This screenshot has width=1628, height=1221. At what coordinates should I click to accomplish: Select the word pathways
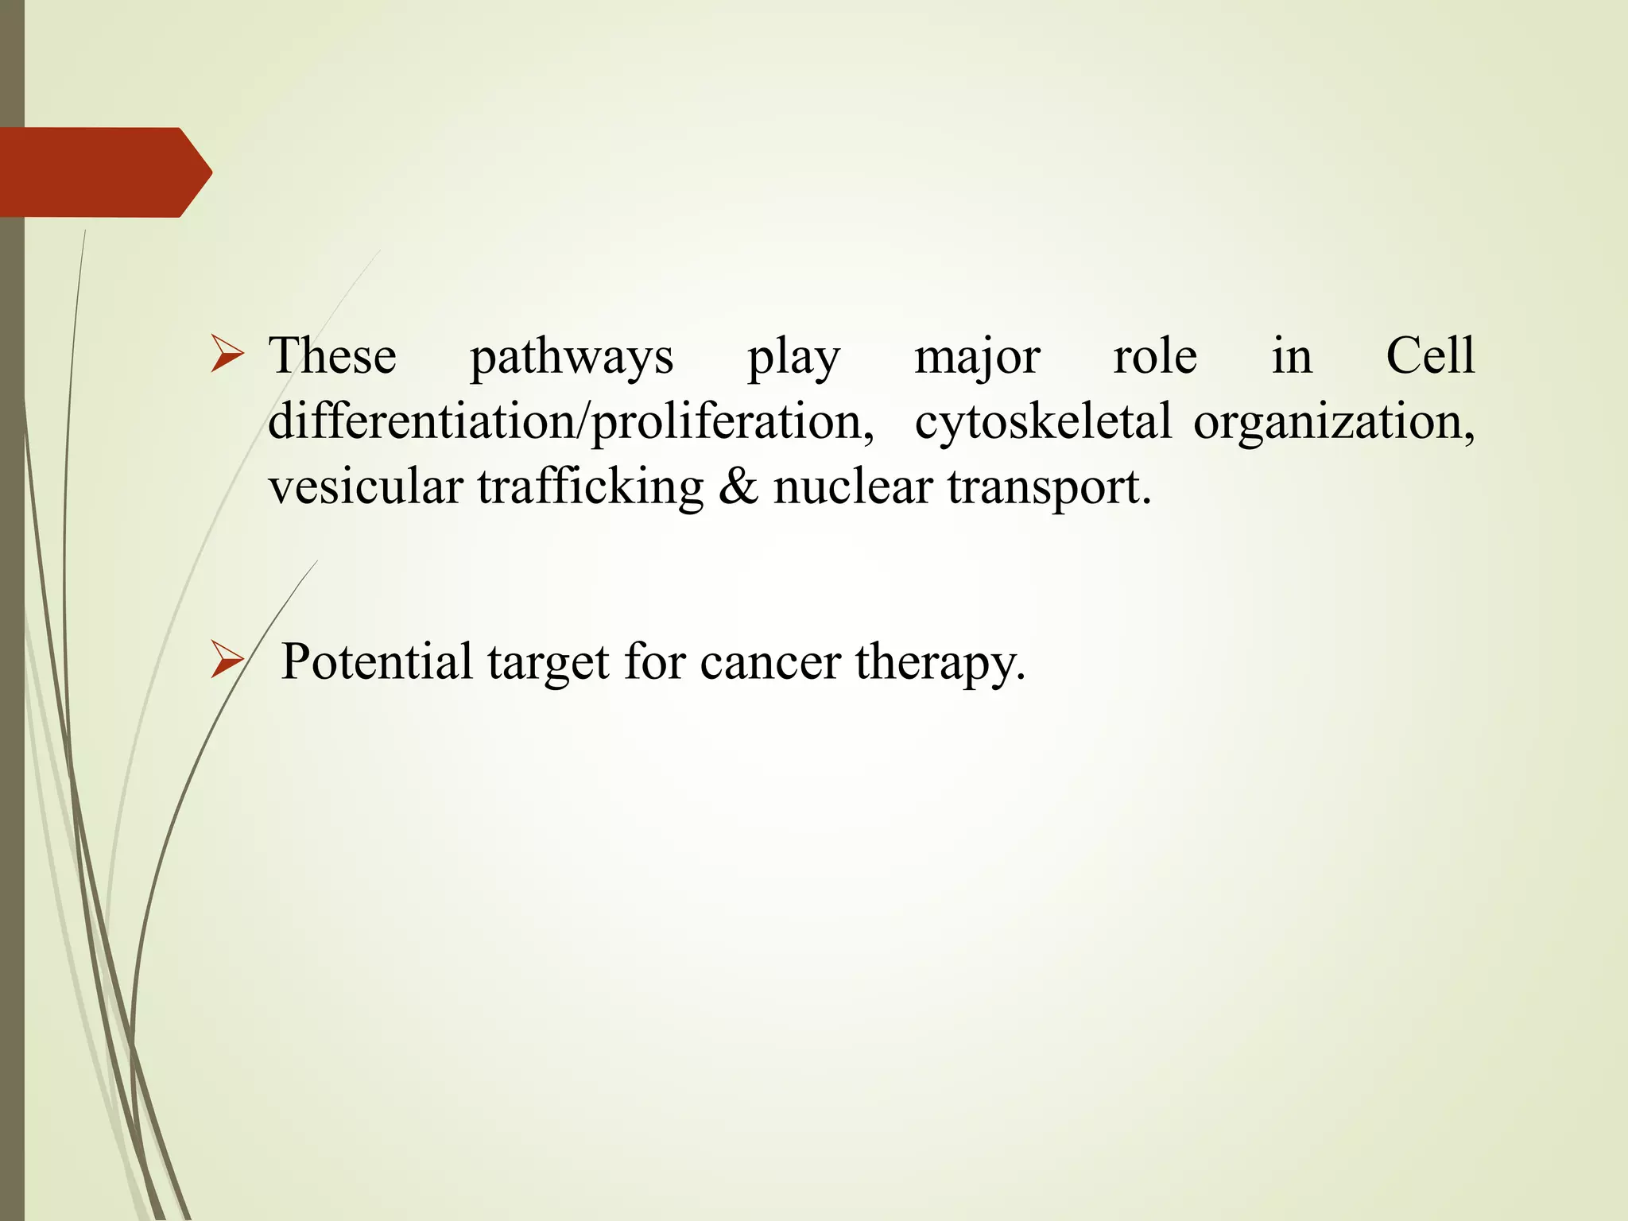pyautogui.click(x=572, y=357)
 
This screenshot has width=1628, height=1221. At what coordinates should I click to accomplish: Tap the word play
pyautogui.click(x=793, y=357)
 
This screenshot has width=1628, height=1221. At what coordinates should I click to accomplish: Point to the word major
pyautogui.click(x=977, y=357)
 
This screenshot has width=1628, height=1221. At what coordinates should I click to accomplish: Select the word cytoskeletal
pyautogui.click(x=1043, y=421)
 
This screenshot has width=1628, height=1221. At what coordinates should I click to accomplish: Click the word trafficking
pyautogui.click(x=591, y=487)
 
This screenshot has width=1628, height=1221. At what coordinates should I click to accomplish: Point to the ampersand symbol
pyautogui.click(x=738, y=486)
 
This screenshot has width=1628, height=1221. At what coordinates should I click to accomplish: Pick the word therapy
pyautogui.click(x=940, y=662)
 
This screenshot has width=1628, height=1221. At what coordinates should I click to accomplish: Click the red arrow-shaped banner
pyautogui.click(x=103, y=172)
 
